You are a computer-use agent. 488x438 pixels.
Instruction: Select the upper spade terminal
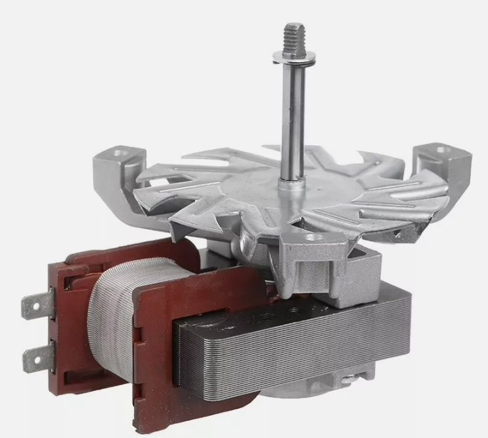pos(36,308)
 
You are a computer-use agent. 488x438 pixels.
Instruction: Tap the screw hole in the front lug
pos(311,237)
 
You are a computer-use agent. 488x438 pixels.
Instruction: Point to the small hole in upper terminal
pos(29,308)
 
